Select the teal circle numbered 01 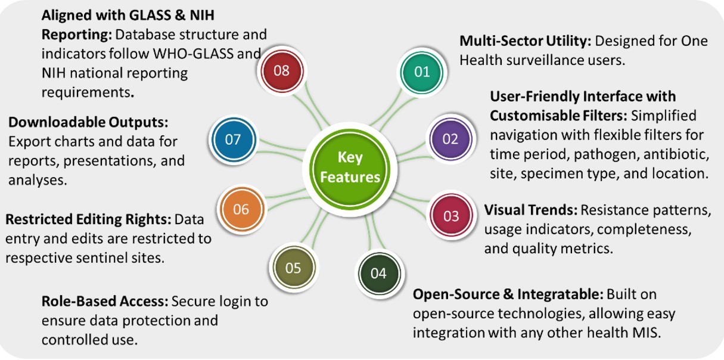point(422,72)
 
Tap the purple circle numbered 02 point(450,139)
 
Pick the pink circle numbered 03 point(451,216)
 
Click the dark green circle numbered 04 point(378,274)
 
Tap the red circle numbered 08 point(281,70)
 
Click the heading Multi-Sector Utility point(525,42)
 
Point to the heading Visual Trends point(530,210)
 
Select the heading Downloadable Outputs point(88,123)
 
